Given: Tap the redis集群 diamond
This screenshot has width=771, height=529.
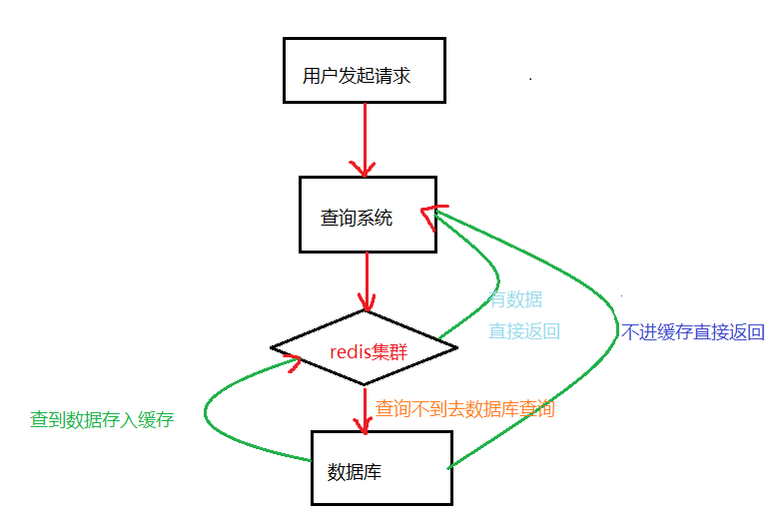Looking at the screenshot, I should [364, 347].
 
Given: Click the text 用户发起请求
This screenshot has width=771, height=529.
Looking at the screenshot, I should [357, 76].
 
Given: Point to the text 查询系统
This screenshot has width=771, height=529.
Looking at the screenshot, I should [357, 218].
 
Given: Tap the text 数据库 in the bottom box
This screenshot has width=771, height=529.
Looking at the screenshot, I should [355, 472].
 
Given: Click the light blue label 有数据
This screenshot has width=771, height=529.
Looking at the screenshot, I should [515, 299].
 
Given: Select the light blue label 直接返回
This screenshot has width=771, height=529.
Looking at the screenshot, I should [523, 331].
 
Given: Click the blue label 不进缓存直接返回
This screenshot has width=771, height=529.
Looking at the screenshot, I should [692, 332].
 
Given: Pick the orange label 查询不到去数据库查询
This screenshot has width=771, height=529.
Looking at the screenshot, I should [464, 409].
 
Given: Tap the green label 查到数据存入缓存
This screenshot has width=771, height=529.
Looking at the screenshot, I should [102, 420].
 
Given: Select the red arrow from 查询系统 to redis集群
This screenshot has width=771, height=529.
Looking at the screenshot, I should [368, 279].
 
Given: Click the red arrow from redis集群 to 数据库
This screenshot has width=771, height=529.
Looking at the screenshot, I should [365, 409].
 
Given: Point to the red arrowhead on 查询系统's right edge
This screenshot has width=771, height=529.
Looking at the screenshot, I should [430, 217].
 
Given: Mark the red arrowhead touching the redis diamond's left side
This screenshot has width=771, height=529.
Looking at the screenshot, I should [294, 361].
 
